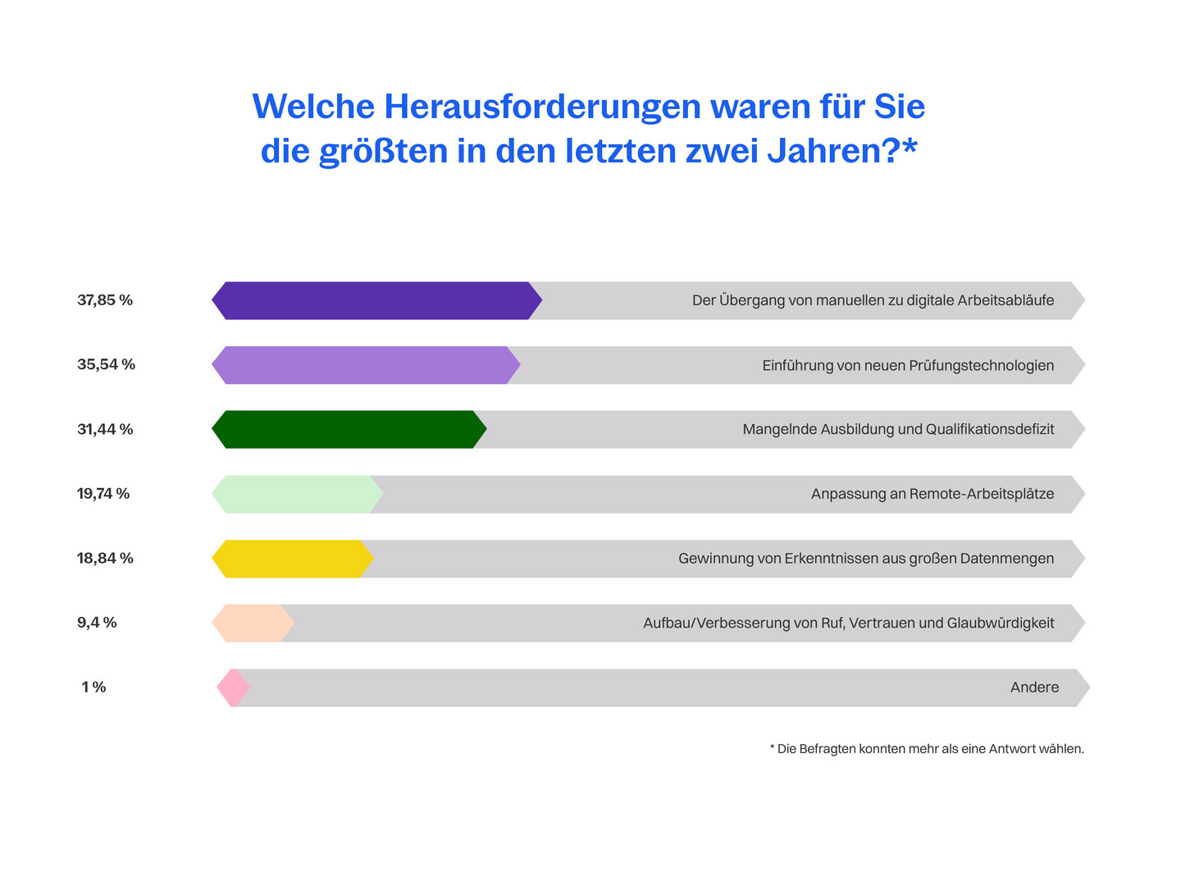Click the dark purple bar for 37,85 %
click(376, 300)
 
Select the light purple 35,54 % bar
click(366, 365)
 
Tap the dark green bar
click(349, 429)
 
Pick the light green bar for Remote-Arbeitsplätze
click(298, 494)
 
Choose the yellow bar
click(293, 559)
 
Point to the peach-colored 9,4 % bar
click(253, 623)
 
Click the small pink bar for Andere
click(234, 687)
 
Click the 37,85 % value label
click(105, 299)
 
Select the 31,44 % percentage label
click(105, 429)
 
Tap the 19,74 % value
click(103, 493)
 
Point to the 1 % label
click(93, 687)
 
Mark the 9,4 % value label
click(97, 623)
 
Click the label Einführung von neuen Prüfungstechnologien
click(908, 365)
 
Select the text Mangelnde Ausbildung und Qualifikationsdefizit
click(898, 429)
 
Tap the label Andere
click(1034, 687)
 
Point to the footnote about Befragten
click(927, 748)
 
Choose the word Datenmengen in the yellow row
click(1006, 559)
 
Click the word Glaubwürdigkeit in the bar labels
click(1001, 623)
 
